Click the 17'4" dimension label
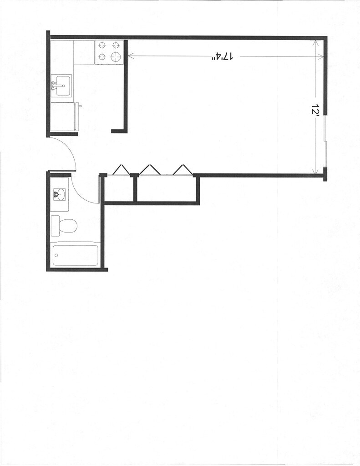click(x=223, y=56)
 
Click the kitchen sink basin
click(x=61, y=85)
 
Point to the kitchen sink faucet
click(x=54, y=85)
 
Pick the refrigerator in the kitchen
click(x=62, y=116)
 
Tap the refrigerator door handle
click(x=80, y=106)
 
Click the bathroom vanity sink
click(x=59, y=194)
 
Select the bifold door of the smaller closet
click(x=120, y=169)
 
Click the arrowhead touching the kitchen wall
click(x=130, y=56)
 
